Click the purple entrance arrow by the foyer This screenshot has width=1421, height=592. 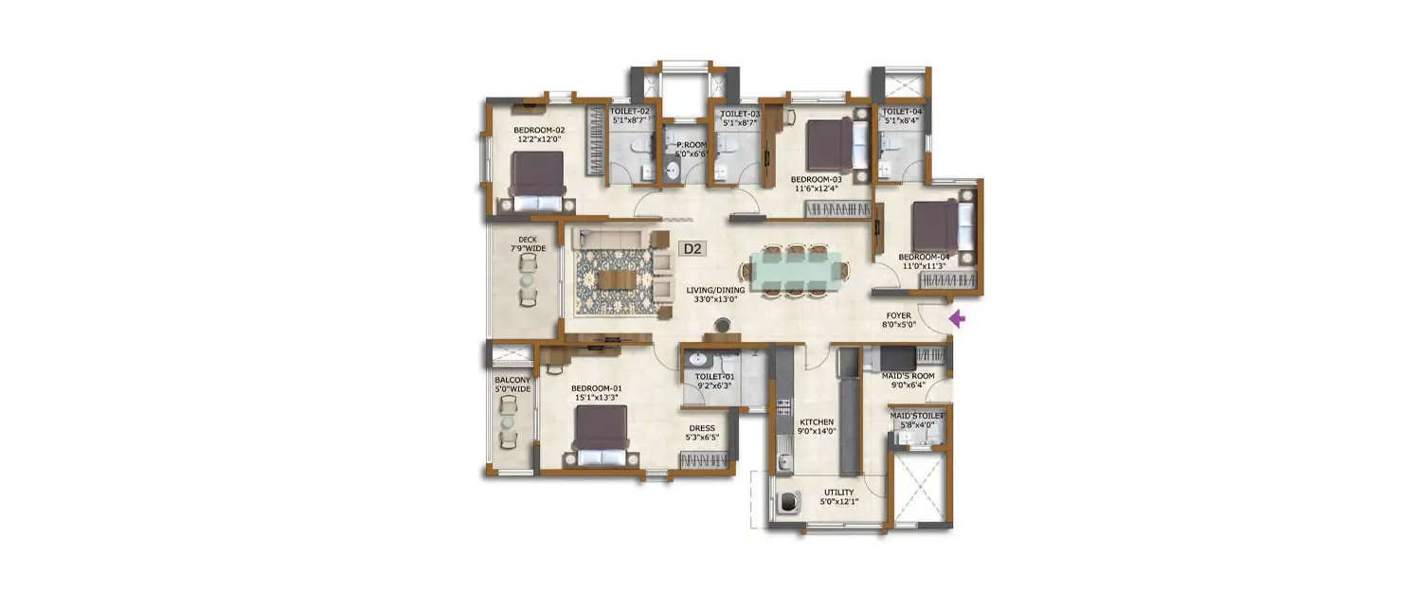click(957, 320)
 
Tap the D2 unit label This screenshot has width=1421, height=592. click(693, 249)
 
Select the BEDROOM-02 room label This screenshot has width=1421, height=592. click(539, 135)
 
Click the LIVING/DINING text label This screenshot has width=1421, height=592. click(716, 295)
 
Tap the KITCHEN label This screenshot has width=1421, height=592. click(816, 426)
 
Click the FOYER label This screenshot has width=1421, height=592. click(899, 318)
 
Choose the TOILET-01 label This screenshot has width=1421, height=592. click(716, 382)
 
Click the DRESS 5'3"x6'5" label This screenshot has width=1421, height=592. click(702, 433)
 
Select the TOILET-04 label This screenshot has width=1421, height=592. click(902, 116)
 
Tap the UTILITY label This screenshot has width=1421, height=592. click(838, 497)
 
